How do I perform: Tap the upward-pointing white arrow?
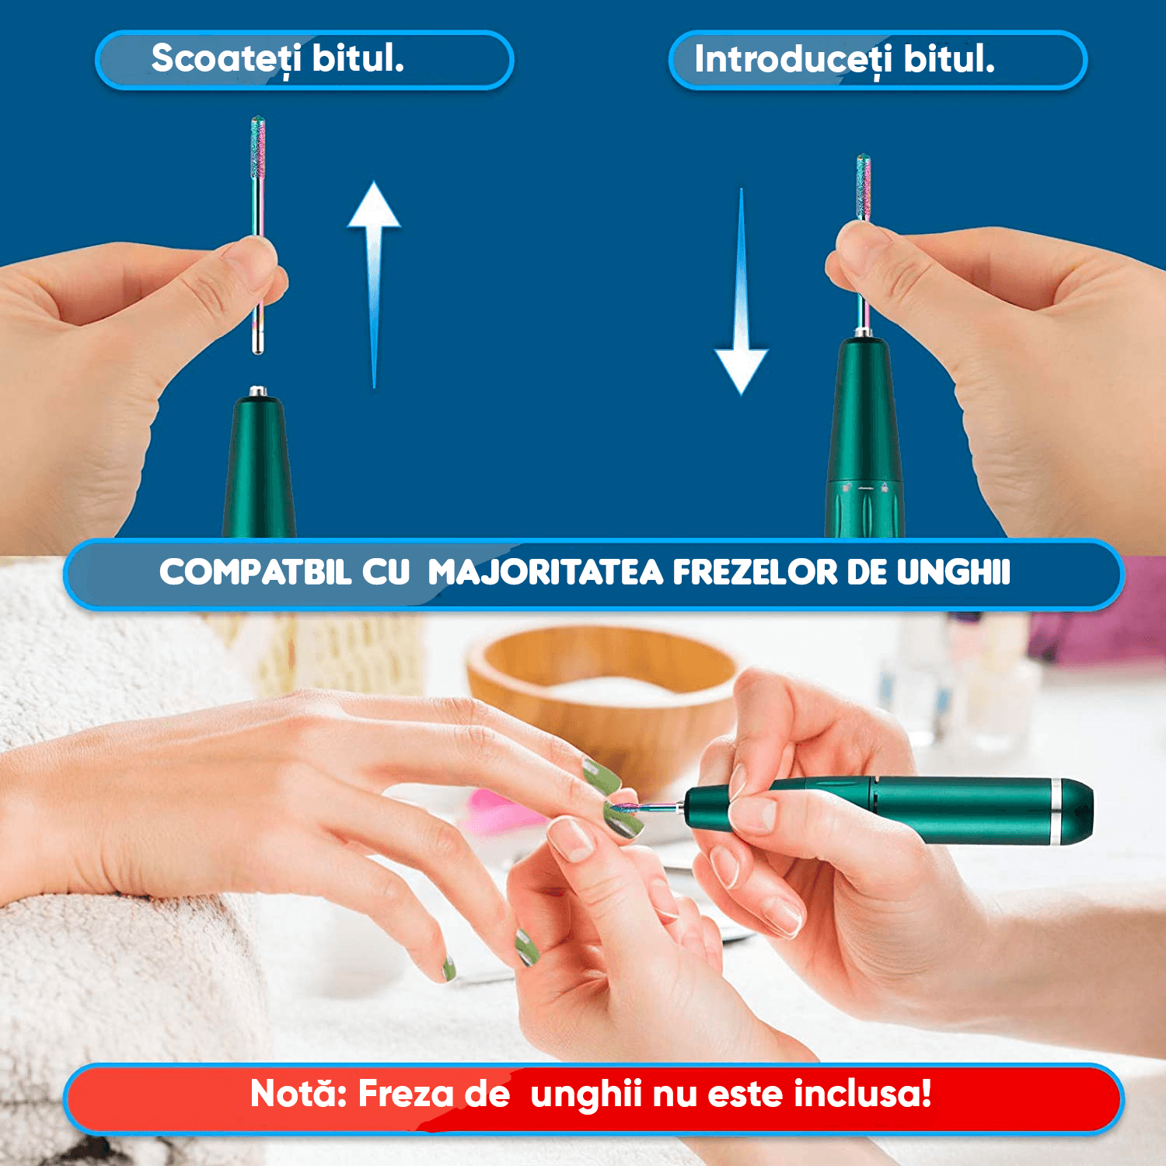click(374, 284)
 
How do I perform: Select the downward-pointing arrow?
click(742, 291)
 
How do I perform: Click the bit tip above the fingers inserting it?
click(863, 187)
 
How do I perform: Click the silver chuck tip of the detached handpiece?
click(258, 391)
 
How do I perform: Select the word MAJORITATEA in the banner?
click(545, 573)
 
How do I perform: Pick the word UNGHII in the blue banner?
click(953, 573)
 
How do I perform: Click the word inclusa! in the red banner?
click(863, 1094)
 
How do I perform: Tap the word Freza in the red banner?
click(405, 1094)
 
